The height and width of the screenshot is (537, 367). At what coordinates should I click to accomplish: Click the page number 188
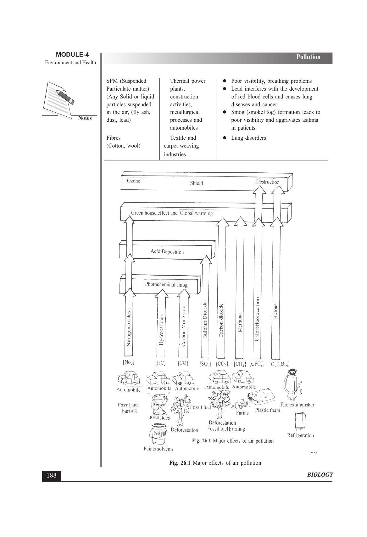pos(51,475)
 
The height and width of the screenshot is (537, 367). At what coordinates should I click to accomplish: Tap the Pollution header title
pos(308,57)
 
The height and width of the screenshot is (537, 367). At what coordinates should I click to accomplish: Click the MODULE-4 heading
pos(72,55)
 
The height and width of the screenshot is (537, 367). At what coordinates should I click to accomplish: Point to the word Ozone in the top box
pos(133,181)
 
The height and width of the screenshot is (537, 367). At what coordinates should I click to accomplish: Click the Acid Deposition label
pos(167,252)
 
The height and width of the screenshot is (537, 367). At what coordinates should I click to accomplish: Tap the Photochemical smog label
pos(166,285)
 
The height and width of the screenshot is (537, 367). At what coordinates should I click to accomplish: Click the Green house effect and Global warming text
pos(172,213)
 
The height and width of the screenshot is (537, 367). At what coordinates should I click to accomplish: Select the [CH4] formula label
pos(240,364)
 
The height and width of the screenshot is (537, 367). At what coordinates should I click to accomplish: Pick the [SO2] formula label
pos(205,364)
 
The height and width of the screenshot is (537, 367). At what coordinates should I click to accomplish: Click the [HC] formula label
pos(160,363)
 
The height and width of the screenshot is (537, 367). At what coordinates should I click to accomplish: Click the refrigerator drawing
pos(300,421)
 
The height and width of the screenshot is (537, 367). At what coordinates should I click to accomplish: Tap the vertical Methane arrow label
pos(240,322)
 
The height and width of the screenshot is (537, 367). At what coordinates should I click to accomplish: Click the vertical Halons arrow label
pos(275,311)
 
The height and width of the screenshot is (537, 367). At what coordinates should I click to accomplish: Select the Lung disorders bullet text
pos(248,138)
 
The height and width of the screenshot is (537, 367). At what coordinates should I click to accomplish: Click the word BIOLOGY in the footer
pos(320,475)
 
